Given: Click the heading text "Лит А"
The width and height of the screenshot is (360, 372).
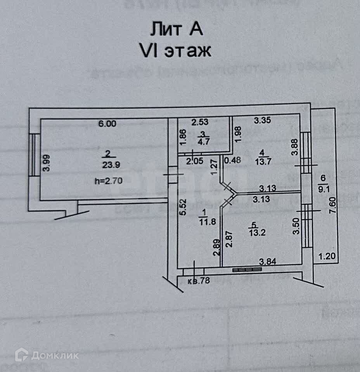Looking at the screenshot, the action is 177,29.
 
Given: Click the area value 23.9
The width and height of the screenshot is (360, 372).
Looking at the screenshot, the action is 111,164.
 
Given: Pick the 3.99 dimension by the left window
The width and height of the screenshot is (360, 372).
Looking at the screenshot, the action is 47,163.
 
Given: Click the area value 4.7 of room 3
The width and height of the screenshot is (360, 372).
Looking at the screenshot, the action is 202,141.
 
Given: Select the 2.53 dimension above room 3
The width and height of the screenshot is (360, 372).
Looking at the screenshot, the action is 201,122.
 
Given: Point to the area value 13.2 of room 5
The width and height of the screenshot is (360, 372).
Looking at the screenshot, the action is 256,232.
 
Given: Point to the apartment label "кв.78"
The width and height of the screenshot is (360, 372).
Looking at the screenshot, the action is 199,281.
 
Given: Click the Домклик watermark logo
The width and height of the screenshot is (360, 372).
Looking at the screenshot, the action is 47,355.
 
